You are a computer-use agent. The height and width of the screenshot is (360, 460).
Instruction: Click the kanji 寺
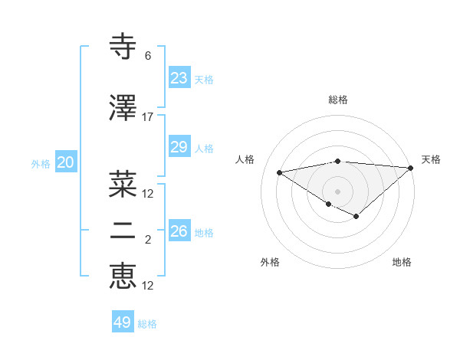[x=123, y=47]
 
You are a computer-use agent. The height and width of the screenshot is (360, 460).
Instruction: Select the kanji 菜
[x=123, y=184]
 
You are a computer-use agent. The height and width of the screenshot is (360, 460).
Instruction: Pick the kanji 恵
[x=123, y=277]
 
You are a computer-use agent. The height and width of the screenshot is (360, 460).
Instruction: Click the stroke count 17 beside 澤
[x=148, y=117]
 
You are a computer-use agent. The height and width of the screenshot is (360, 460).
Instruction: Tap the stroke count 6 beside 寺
[x=148, y=56]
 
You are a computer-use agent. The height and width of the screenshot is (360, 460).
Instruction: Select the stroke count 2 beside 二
[x=148, y=241]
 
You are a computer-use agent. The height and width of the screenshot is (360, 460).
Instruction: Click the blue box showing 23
[x=179, y=77]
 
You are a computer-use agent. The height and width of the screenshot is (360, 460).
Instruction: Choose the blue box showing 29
[x=179, y=147]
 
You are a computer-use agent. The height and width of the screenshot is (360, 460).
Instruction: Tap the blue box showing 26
[x=179, y=231]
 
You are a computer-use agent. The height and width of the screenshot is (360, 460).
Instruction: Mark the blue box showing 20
[x=65, y=162]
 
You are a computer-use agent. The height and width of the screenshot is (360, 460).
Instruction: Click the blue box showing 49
[x=123, y=322]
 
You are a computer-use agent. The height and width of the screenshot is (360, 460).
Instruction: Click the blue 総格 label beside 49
[x=147, y=324]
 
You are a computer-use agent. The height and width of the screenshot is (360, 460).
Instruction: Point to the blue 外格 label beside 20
[x=41, y=164]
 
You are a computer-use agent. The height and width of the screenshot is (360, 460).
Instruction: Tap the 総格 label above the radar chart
[x=337, y=100]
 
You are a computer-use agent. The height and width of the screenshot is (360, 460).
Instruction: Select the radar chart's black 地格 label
[x=402, y=262]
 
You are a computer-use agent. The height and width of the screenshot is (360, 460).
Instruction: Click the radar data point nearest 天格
[x=411, y=168]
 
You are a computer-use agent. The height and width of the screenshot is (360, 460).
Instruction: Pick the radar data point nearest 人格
[x=279, y=172]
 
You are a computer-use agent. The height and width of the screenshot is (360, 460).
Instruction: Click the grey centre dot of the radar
[x=337, y=191]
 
